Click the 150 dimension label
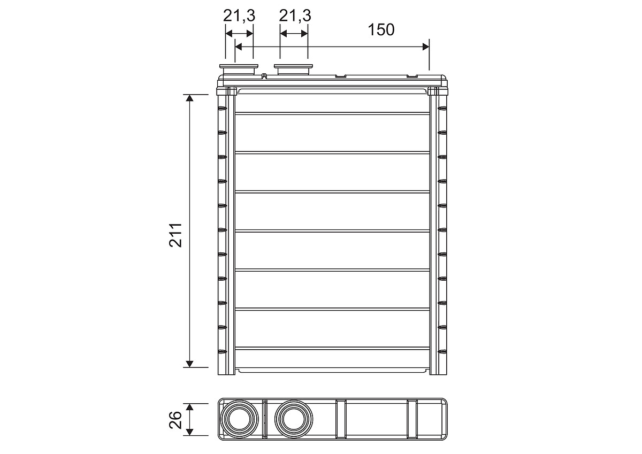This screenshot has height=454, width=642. (381, 30)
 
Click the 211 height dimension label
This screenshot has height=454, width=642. (175, 235)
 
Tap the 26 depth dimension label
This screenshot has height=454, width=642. (175, 420)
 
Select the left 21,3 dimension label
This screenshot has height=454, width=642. (239, 16)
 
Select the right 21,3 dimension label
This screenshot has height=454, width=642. (295, 16)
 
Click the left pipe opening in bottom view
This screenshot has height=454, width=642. (239, 419)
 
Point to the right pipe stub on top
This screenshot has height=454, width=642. (293, 70)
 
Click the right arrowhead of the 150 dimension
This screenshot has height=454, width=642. (426, 47)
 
